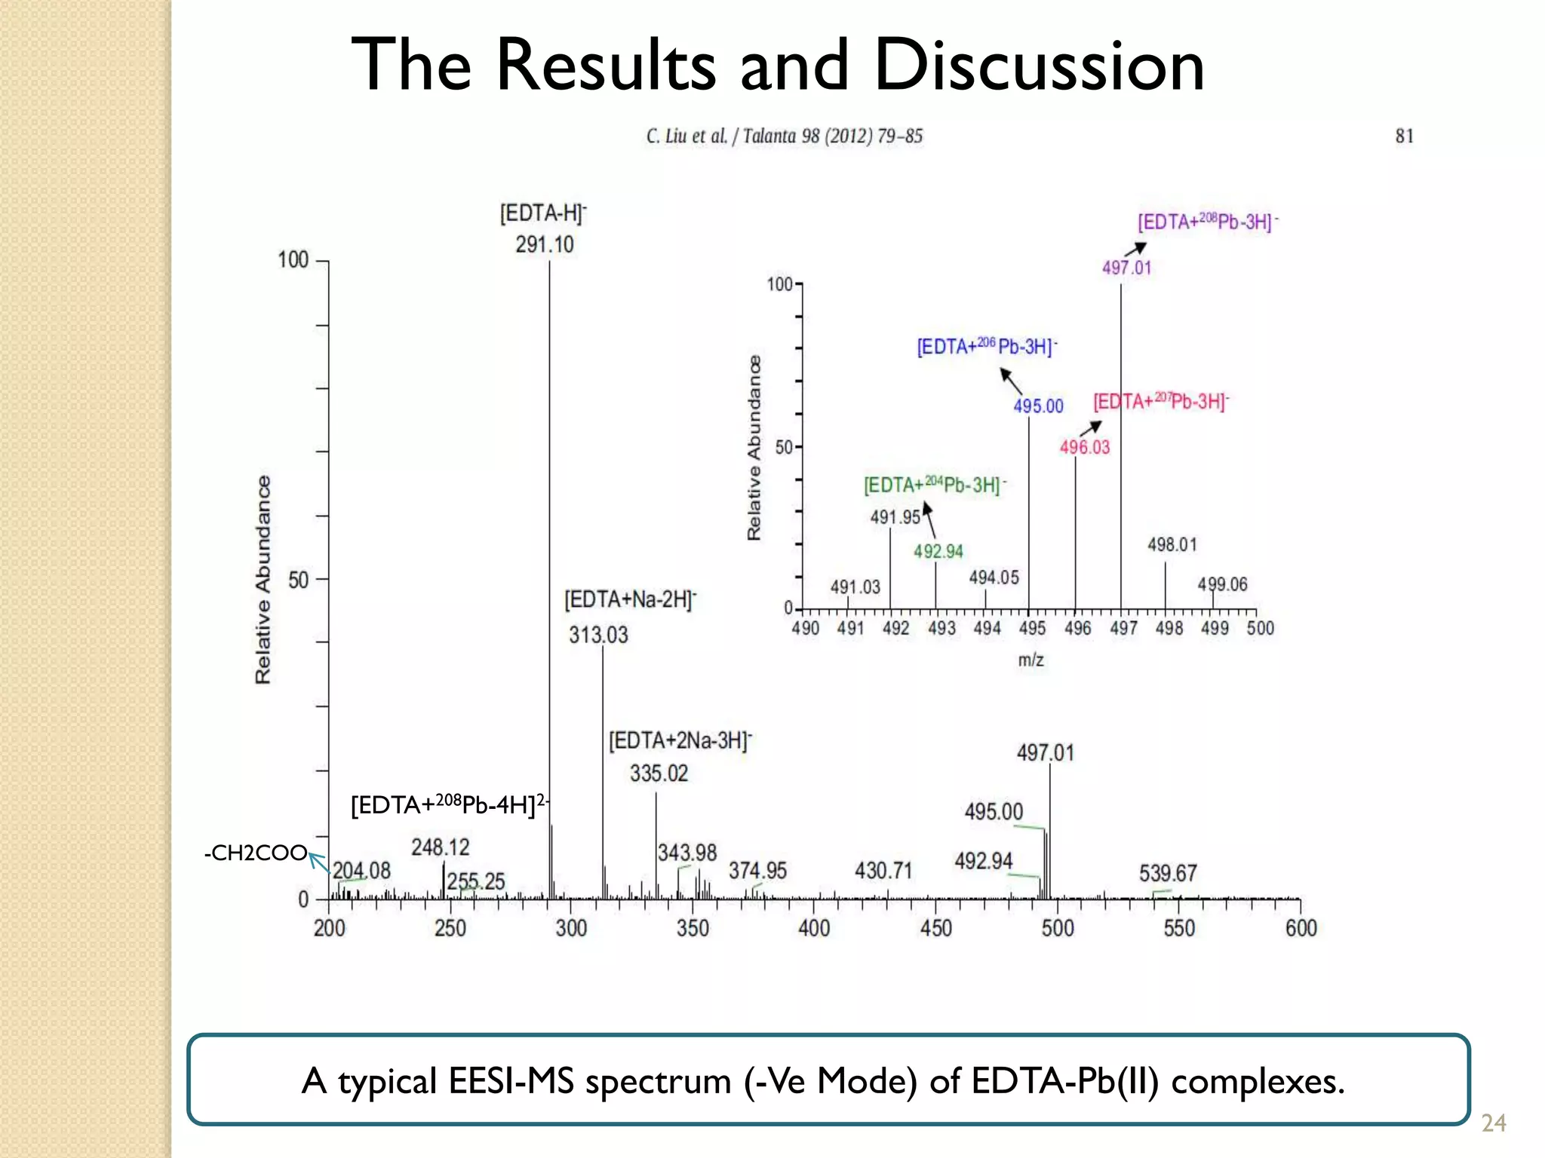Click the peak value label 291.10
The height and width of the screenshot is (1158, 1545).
coord(545,244)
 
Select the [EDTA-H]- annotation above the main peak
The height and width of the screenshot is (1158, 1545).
coord(542,213)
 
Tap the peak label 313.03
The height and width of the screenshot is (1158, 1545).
coord(598,635)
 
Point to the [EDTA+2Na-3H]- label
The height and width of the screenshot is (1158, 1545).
coord(680,740)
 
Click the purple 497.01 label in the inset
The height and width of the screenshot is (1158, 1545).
coord(1126,268)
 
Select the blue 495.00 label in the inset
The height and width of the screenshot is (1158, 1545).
coord(1038,406)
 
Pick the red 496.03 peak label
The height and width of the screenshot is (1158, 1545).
coord(1085,447)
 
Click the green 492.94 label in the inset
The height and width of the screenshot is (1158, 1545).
coord(938,552)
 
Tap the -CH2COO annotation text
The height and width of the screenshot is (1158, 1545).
coord(255,853)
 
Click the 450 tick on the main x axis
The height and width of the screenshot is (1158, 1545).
coord(935,928)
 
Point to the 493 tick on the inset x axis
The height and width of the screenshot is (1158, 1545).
coord(941,628)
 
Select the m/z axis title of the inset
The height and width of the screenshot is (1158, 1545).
coord(1031,660)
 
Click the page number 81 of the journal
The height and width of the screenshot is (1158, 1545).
coord(1404,136)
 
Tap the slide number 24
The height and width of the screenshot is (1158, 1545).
coord(1493,1123)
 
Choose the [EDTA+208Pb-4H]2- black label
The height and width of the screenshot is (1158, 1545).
coord(450,804)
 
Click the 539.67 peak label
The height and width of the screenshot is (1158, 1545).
coord(1168,873)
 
